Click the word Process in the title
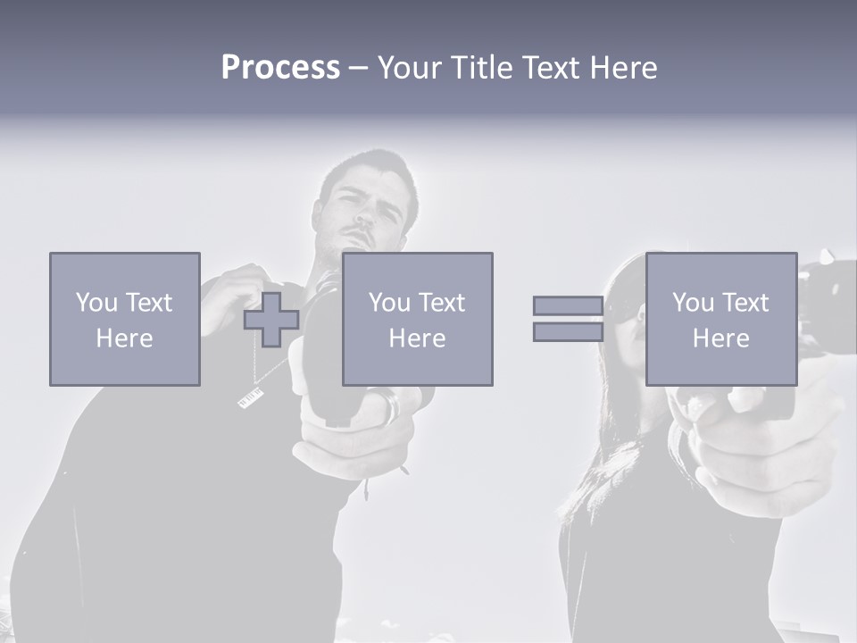pos(280,68)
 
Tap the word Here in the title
pos(622,68)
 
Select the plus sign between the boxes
pos(271,319)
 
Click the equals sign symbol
pos(568,319)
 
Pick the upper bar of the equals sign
pos(568,305)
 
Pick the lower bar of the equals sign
pos(568,332)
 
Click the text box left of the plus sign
pos(125,319)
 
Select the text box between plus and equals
pos(417,319)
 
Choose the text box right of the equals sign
pos(720,319)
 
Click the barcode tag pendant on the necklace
pos(251,397)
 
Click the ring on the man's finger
pos(390,406)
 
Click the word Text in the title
pos(550,68)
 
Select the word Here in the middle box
pos(417,338)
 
